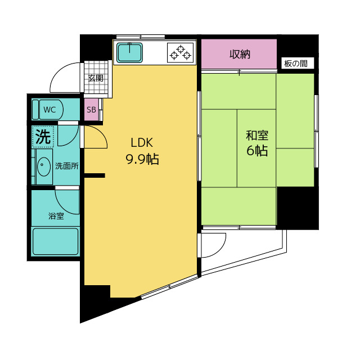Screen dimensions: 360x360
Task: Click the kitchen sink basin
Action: (129, 52)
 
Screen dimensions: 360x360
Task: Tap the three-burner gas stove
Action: (181, 53)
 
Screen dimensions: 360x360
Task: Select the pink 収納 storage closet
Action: (239, 54)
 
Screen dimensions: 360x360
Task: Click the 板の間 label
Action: (296, 64)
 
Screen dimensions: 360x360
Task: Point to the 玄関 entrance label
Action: (96, 78)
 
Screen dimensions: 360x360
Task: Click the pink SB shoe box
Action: (91, 110)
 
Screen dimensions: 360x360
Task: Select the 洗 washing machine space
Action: (43, 136)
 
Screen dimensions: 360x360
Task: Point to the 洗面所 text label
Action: (67, 166)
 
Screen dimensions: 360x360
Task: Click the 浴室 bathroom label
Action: (56, 216)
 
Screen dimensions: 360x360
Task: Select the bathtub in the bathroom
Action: (55, 241)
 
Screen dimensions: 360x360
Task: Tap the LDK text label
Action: (142, 142)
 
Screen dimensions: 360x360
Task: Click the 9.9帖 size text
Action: (142, 159)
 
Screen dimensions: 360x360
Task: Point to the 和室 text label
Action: (257, 135)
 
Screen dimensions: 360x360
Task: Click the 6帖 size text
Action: (257, 151)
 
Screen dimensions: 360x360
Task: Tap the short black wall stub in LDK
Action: (94, 175)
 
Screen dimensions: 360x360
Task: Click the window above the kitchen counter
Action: (141, 37)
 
